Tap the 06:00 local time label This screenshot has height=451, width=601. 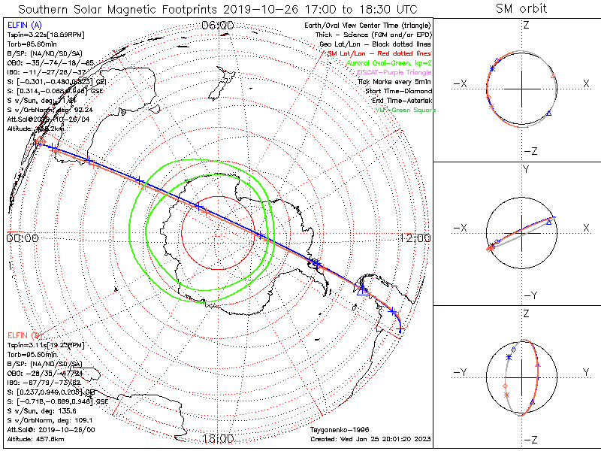point(218,26)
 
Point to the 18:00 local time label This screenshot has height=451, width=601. point(218,438)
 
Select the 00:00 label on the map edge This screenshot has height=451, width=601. point(23,238)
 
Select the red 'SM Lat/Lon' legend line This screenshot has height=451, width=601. point(382,53)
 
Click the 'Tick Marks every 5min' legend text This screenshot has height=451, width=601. point(397,81)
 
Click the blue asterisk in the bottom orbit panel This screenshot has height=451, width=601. point(509,358)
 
